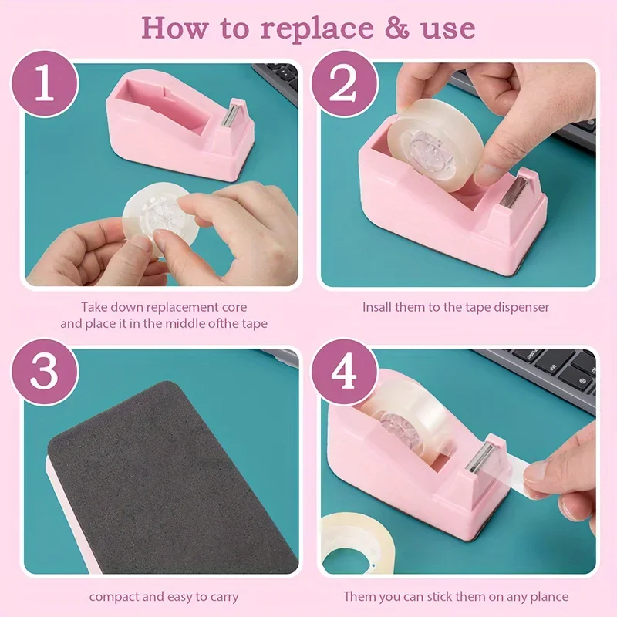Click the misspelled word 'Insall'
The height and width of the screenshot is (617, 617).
point(377,307)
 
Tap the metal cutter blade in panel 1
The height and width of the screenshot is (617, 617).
point(229,116)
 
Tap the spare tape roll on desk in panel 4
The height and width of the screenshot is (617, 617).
point(356,544)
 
